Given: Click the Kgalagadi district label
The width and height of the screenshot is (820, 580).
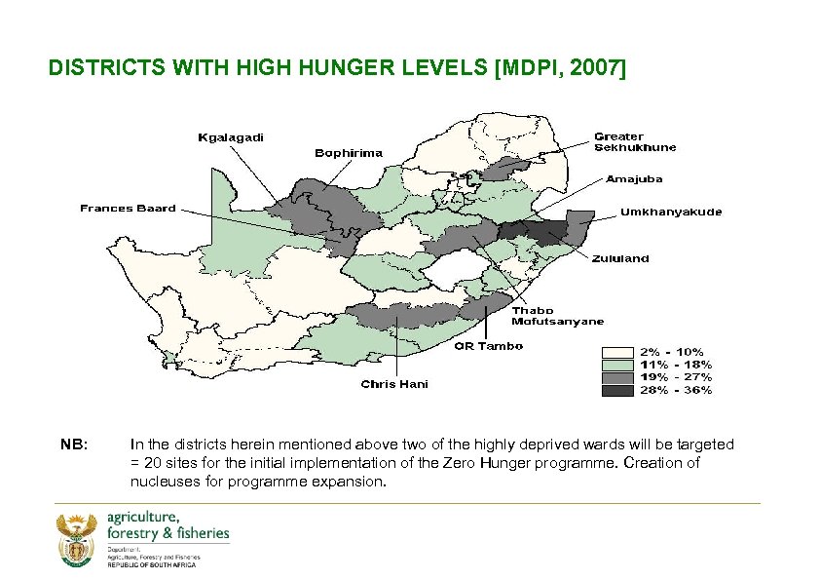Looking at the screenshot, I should click(x=230, y=137).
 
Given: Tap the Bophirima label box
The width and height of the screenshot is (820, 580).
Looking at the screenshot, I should click(x=349, y=153).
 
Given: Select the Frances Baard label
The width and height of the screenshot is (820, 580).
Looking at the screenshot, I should click(x=128, y=208).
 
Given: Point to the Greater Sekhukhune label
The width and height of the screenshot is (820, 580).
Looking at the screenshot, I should click(x=635, y=142).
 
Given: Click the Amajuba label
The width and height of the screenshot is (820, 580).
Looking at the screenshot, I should click(x=634, y=179).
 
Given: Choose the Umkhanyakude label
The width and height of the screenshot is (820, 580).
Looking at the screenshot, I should click(x=671, y=213).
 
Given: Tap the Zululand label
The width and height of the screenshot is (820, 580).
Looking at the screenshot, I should click(x=621, y=259).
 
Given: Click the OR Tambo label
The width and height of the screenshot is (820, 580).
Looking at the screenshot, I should click(x=490, y=346).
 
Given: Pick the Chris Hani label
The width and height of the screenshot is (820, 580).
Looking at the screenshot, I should click(x=394, y=384).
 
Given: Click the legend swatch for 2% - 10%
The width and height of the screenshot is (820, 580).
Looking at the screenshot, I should click(x=618, y=352).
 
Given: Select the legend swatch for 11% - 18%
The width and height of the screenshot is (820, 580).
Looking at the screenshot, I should click(x=618, y=365).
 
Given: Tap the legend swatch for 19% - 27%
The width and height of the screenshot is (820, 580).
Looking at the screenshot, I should click(x=618, y=377).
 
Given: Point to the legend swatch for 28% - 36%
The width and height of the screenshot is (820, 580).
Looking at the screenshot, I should click(x=618, y=390).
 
